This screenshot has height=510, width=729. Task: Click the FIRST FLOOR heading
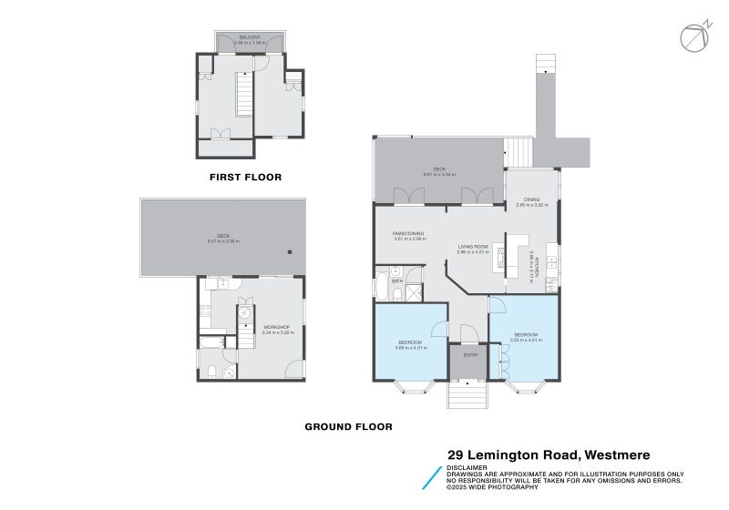(245, 177)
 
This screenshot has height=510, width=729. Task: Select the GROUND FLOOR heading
(348, 426)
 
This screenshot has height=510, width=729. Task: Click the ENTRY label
(470, 355)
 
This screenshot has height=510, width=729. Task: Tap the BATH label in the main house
(397, 281)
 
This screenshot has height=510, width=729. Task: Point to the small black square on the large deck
(290, 252)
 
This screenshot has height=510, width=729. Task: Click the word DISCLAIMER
(467, 467)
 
